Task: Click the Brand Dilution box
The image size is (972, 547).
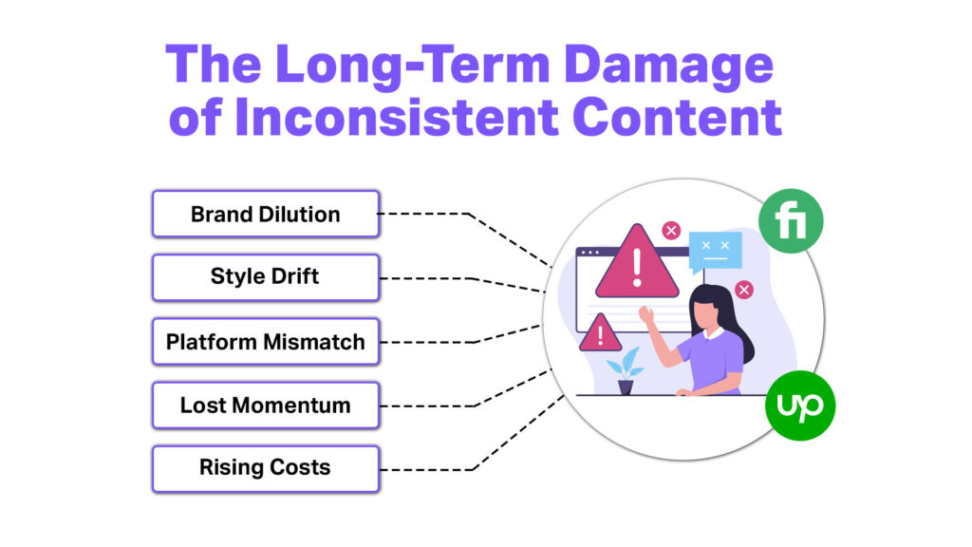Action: [x=265, y=214]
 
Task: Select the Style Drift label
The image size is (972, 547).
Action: [x=265, y=277]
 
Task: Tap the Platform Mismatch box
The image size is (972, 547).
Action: [x=265, y=342]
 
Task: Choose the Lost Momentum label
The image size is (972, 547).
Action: [x=265, y=406]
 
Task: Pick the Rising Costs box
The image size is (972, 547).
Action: [x=265, y=468]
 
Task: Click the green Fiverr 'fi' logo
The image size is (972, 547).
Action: [x=791, y=221]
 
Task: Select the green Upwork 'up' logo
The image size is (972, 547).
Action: [x=799, y=406]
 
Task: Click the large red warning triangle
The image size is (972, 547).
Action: [x=636, y=264]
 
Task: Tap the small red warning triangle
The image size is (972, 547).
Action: [x=600, y=333]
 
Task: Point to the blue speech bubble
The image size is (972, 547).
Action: [x=714, y=251]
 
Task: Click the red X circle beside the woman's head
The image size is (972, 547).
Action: [x=744, y=290]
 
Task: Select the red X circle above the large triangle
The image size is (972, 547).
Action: [x=671, y=230]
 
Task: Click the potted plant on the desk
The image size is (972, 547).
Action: [x=626, y=371]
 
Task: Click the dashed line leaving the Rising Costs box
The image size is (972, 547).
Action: [x=427, y=468]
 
